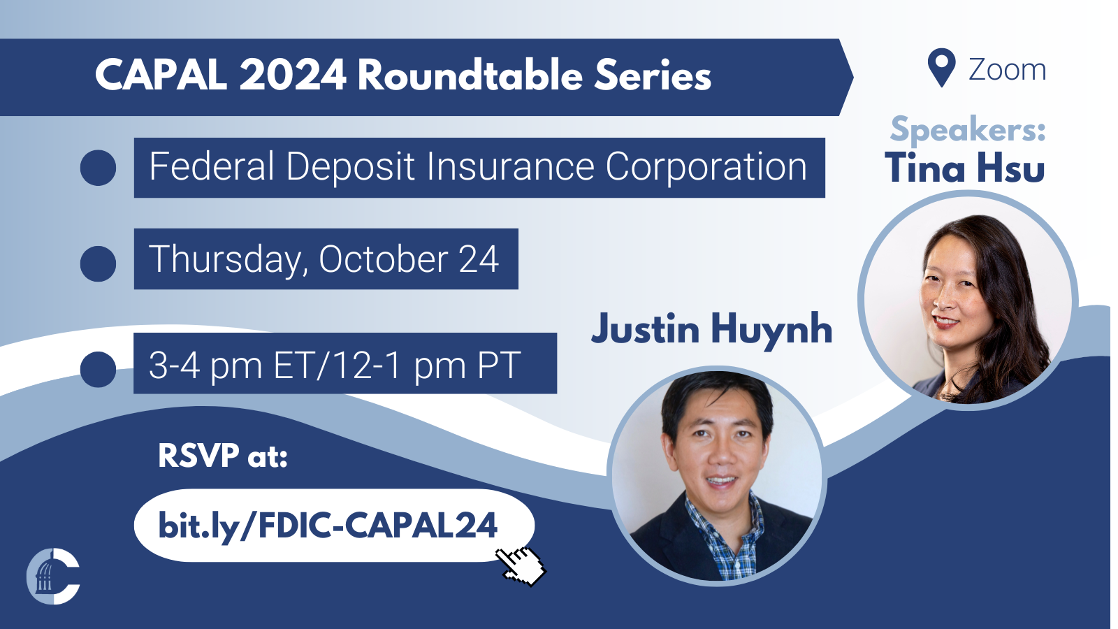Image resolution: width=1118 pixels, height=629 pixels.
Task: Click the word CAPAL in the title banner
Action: tap(161, 75)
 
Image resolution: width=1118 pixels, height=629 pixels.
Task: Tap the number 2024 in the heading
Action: tap(293, 75)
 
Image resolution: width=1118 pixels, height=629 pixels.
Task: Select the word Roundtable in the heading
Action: tap(470, 75)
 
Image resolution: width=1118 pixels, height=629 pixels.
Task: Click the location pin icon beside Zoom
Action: tap(941, 68)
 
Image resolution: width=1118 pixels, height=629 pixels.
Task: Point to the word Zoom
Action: tap(1007, 70)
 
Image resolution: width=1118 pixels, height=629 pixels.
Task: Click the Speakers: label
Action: tap(968, 130)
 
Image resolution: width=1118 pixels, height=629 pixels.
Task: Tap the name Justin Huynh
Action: tap(712, 329)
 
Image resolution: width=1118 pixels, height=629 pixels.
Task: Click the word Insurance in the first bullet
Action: tap(510, 166)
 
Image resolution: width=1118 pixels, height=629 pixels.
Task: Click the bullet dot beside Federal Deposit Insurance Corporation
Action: tap(98, 168)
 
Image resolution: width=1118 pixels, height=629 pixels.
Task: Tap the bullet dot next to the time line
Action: tap(98, 370)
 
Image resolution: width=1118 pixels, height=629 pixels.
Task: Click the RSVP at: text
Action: tap(223, 455)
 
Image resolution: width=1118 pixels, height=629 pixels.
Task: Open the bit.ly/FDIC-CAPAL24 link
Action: tap(328, 525)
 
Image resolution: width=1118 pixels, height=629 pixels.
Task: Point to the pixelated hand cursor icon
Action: tap(521, 566)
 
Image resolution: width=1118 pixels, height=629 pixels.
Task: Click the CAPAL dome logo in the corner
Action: tap(53, 576)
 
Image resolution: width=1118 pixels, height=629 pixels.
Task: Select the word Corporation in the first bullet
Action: tap(706, 166)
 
